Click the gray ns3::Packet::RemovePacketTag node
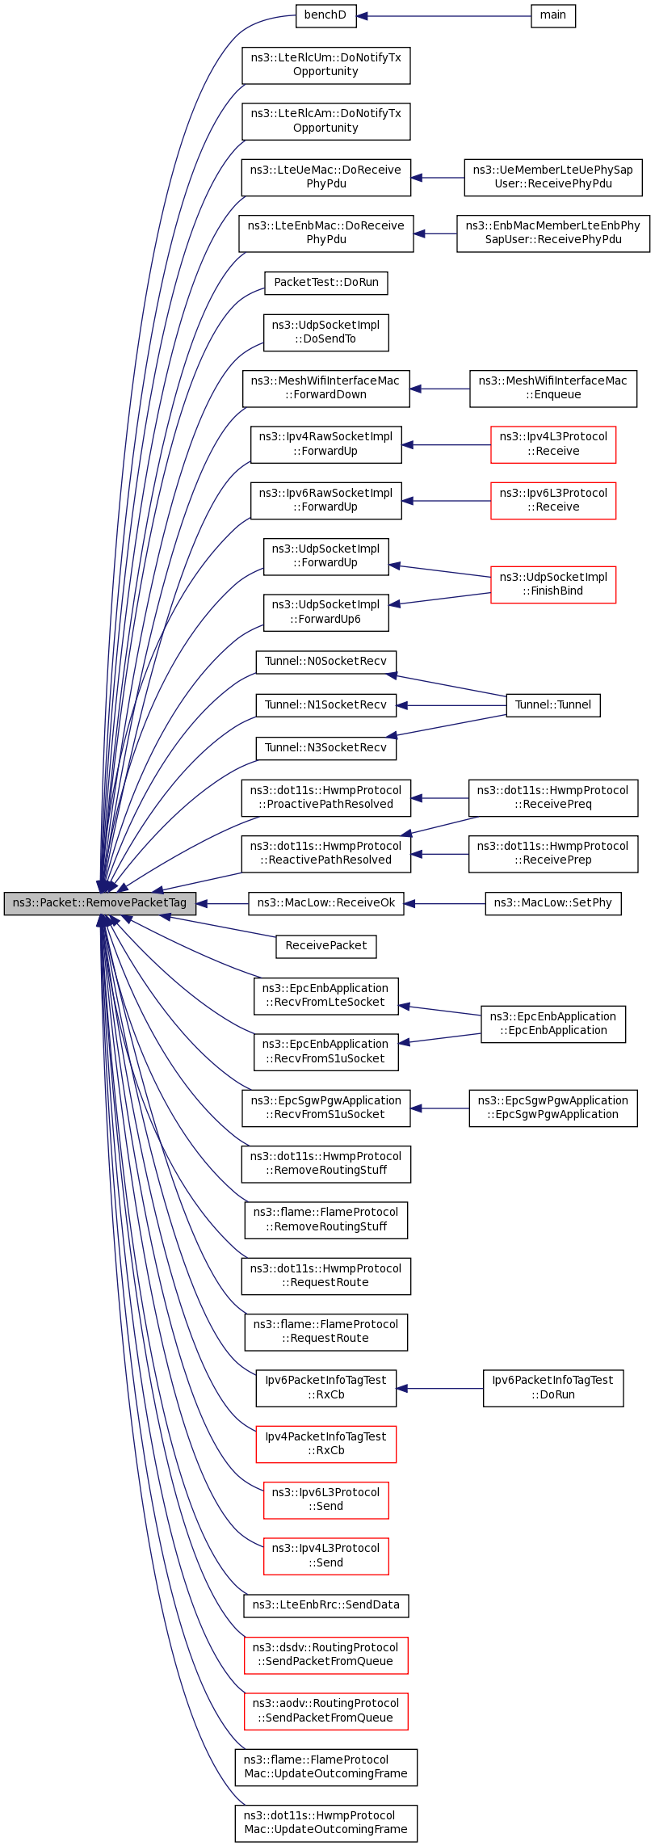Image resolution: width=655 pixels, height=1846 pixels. (99, 903)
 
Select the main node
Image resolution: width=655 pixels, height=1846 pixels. (553, 16)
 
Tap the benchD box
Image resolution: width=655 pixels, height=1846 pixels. (325, 16)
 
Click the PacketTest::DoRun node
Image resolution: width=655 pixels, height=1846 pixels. (326, 283)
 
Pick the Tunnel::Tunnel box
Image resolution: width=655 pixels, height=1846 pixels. (553, 705)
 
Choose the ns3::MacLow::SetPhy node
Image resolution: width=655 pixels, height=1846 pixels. (553, 903)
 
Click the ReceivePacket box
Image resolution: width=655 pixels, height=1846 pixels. (326, 946)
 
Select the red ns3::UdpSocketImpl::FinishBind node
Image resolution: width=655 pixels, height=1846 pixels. (553, 584)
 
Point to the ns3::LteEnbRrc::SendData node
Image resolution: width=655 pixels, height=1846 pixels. (326, 1605)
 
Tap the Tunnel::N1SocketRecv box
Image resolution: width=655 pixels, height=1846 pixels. (326, 705)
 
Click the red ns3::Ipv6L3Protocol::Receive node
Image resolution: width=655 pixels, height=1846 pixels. (553, 500)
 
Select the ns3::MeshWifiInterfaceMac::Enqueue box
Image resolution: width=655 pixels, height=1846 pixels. (553, 389)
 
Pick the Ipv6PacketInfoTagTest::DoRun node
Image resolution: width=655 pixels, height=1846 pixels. (553, 1388)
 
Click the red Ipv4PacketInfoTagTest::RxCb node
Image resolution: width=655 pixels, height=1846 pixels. (326, 1444)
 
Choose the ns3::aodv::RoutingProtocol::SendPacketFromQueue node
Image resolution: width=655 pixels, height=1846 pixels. (326, 1711)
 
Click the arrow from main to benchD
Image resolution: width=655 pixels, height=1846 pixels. (443, 16)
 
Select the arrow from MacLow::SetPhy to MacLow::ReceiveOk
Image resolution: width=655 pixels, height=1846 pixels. (444, 903)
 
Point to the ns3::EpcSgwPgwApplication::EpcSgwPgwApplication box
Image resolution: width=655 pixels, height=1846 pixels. (553, 1108)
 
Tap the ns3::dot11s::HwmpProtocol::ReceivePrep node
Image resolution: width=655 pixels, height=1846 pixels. (553, 854)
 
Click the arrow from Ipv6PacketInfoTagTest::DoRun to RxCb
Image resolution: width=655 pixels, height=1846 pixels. (439, 1388)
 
